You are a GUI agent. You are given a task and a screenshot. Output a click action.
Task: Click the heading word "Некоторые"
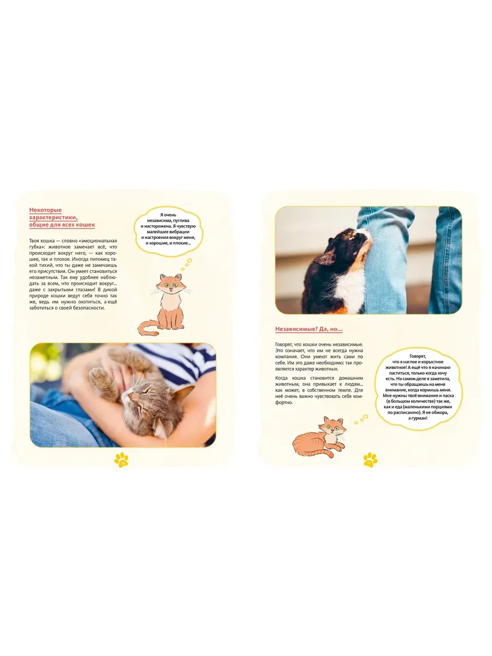tap(45, 210)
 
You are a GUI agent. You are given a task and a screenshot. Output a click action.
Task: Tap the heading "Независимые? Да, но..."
tap(309, 329)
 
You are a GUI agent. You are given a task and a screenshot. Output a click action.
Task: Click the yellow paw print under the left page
tap(121, 460)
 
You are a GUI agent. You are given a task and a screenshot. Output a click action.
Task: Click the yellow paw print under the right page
tap(370, 460)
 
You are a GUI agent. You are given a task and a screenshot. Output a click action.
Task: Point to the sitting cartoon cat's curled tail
tap(147, 328)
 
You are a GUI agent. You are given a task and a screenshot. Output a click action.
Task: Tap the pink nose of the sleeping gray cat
tap(130, 396)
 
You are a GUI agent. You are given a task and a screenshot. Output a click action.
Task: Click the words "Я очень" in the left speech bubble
tap(168, 215)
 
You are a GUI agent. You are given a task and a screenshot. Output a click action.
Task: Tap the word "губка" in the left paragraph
tap(37, 247)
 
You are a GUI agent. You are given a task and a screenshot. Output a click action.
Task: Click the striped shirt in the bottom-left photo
tap(176, 362)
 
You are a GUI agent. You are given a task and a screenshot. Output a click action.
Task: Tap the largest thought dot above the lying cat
tap(365, 417)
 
